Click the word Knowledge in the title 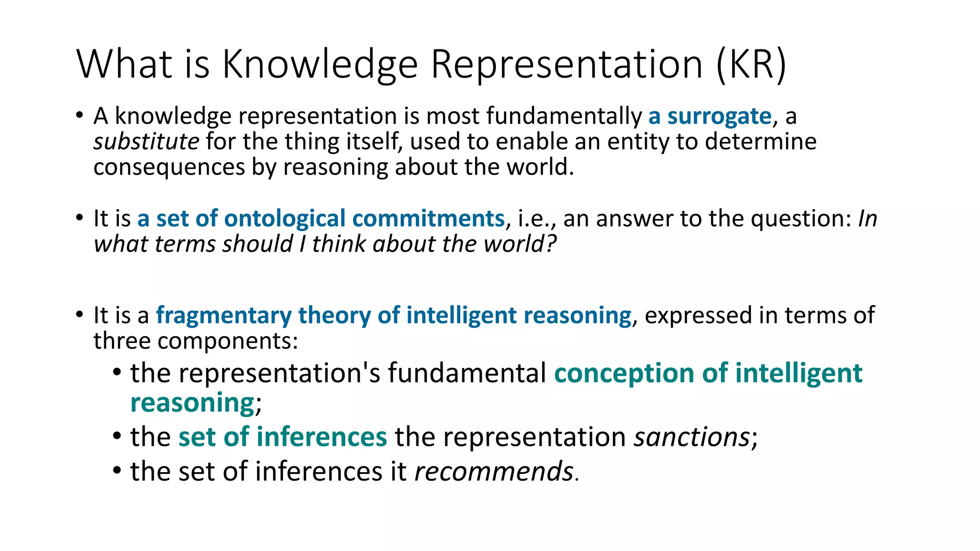320,65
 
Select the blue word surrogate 719,116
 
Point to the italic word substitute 146,142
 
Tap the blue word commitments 428,219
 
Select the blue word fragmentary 223,316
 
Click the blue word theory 334,316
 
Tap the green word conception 624,374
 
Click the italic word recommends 494,472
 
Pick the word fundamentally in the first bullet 564,116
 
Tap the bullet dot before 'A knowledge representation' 79,115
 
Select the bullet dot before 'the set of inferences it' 117,470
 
